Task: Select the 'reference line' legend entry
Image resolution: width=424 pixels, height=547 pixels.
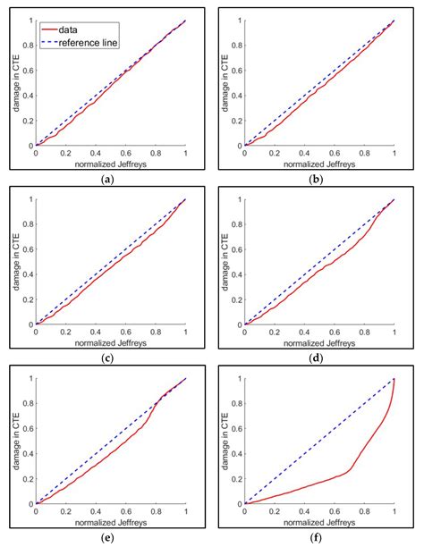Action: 94,42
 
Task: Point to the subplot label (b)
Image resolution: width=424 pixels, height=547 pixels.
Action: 319,179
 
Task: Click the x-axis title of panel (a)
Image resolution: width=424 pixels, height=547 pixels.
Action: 111,164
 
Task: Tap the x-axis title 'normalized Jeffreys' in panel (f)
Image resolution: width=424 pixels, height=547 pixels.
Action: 319,522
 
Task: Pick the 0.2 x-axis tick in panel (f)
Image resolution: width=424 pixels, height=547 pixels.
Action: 275,511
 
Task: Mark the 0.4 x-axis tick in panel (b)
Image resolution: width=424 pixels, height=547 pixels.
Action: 305,154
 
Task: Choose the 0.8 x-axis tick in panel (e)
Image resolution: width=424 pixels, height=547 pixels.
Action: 156,511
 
